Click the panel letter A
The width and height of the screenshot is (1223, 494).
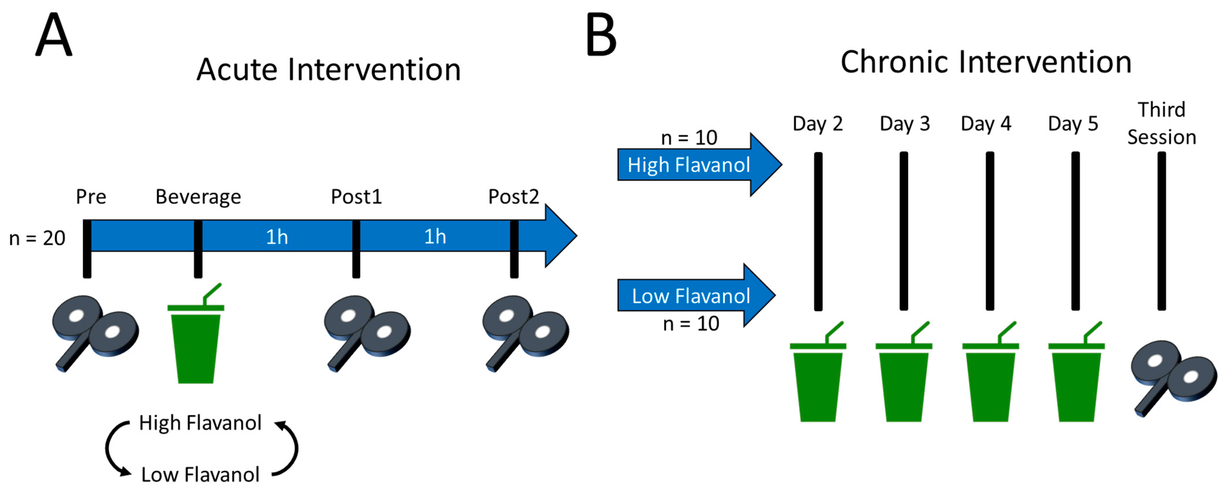(54, 35)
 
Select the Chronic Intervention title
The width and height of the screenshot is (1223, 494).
(986, 62)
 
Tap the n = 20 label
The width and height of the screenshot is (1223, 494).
(37, 238)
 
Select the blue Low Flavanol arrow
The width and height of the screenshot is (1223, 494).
(696, 296)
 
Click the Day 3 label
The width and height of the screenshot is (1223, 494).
(904, 124)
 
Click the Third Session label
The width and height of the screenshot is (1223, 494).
(1161, 124)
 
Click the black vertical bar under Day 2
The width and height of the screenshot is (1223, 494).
(818, 231)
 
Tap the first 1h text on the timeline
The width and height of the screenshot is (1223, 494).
(277, 237)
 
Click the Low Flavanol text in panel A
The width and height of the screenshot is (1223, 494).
(200, 474)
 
